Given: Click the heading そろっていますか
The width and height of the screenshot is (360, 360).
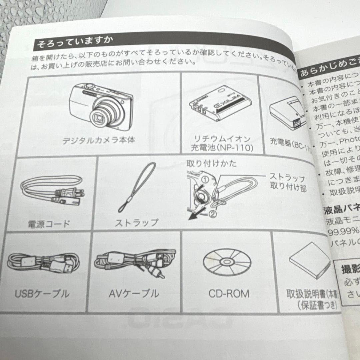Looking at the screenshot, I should coord(75,43).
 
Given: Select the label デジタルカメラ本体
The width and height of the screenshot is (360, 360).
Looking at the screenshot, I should coord(99,140).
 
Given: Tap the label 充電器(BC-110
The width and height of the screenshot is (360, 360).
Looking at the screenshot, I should coord(290,147).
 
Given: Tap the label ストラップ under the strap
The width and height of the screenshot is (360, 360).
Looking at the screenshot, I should coord(137,222).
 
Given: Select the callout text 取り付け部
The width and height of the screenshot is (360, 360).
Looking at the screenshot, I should coord(289,188).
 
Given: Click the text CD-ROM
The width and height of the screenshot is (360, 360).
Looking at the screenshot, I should coord(229,294).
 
